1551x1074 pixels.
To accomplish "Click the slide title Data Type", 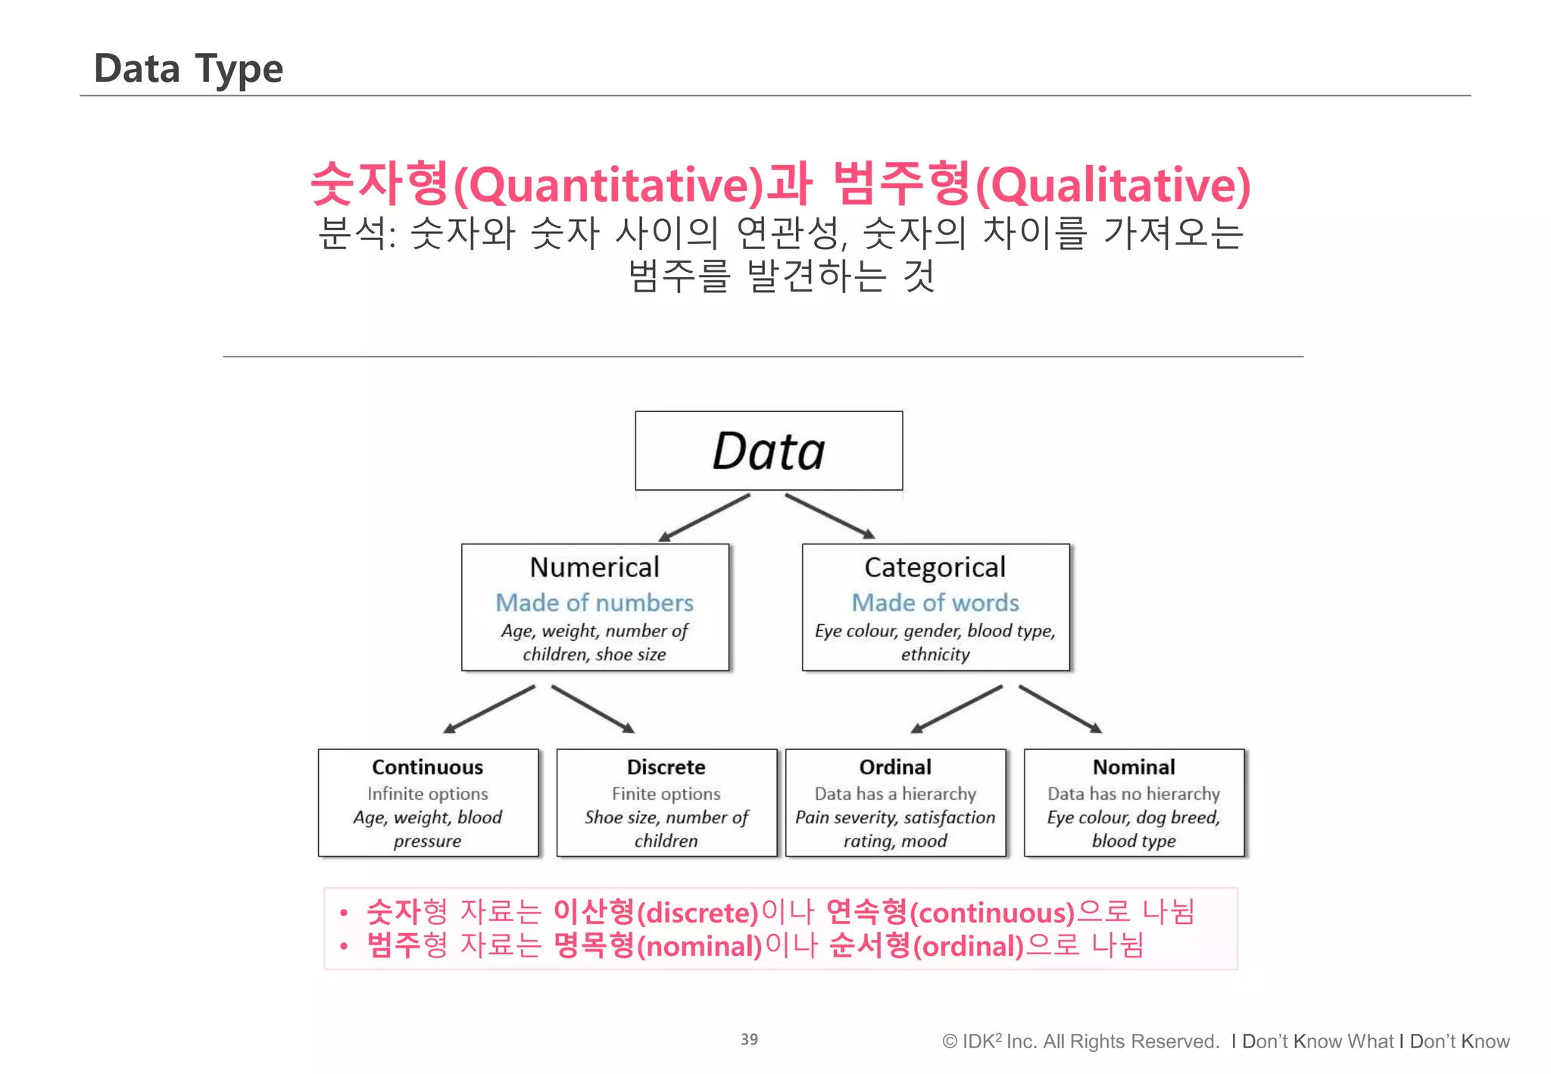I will [x=188, y=69].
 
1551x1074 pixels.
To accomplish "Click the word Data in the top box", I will [x=768, y=451].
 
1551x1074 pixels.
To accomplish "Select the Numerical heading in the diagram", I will [x=594, y=567].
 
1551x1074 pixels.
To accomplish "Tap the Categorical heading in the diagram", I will [x=935, y=567].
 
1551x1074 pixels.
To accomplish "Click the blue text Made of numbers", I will [x=594, y=603].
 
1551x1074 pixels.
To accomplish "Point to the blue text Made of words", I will [x=935, y=603].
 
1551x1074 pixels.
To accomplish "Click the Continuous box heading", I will [x=427, y=767].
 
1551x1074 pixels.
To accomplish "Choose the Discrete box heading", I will [x=666, y=767].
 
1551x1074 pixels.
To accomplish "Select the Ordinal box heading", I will [x=895, y=767].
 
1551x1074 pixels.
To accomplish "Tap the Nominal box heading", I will [x=1134, y=767].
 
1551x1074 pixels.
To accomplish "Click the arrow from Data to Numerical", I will [x=704, y=517].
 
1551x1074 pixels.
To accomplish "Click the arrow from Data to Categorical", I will [x=830, y=517].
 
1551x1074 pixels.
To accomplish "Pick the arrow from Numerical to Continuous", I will [x=489, y=709].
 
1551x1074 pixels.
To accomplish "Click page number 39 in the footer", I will [x=749, y=1039].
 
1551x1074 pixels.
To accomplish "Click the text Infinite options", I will [x=427, y=794].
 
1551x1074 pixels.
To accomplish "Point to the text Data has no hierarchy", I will [x=1134, y=794].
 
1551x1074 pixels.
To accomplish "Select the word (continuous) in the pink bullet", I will [x=991, y=913].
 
